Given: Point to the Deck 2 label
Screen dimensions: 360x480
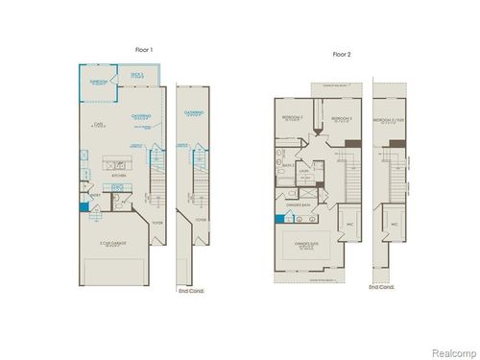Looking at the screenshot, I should click(135, 75).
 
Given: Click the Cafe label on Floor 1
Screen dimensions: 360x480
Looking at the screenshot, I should click(99, 124).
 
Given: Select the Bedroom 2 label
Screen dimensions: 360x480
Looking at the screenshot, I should click(293, 118).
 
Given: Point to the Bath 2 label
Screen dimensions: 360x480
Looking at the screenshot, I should click(287, 165).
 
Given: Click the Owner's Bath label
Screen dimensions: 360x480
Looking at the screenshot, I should click(299, 205).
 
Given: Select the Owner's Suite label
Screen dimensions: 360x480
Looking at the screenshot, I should click(309, 244).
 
